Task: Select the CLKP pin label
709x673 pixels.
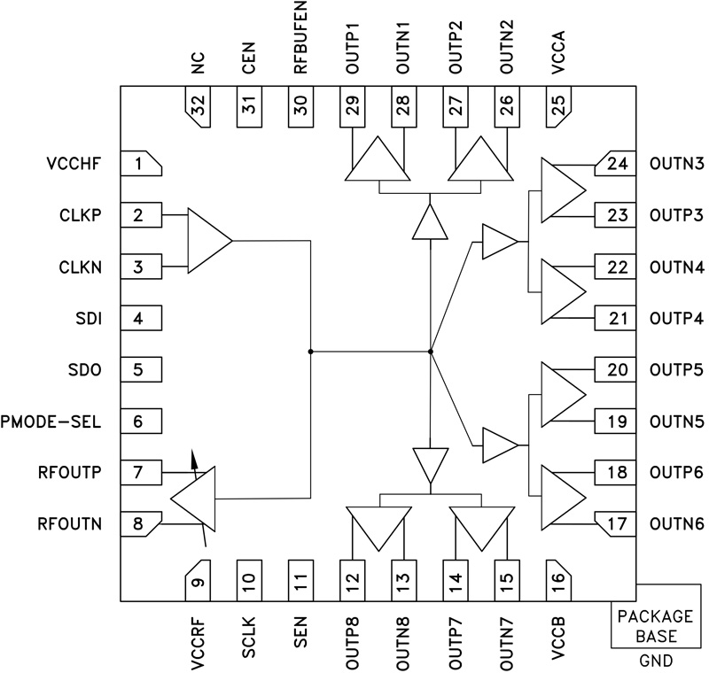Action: point(79,215)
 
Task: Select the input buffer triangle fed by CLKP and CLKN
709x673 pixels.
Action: point(206,240)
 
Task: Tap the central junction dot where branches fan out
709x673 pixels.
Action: point(430,352)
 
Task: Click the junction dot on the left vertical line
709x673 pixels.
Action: point(310,352)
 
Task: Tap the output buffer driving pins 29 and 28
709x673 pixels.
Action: point(376,161)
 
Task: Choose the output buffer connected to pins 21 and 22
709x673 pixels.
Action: point(561,291)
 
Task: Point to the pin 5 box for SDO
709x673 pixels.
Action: point(139,369)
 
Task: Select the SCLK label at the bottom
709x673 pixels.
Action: point(249,636)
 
